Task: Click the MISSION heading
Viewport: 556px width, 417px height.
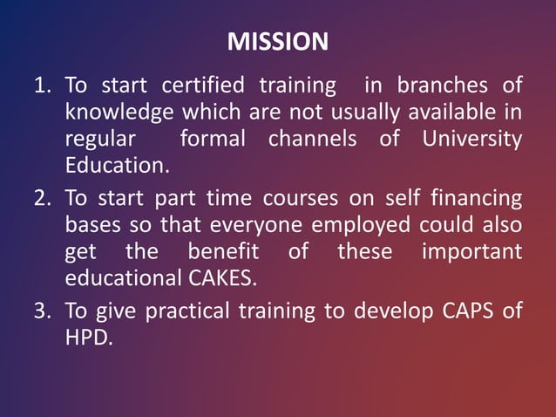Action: [277, 42]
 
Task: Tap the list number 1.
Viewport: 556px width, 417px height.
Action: [41, 85]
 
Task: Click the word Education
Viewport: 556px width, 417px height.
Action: [113, 166]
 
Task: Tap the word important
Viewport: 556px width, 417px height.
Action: [471, 252]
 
